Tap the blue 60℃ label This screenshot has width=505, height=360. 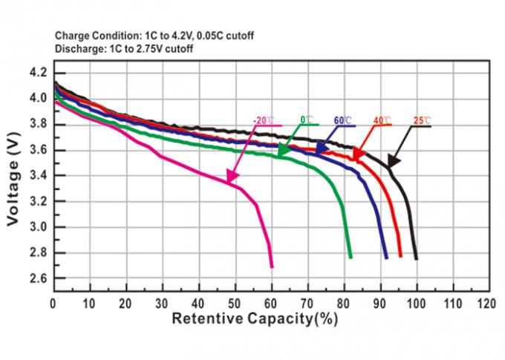tap(343, 120)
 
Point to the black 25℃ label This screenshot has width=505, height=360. tap(422, 120)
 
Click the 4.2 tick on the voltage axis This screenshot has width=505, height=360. tap(37, 73)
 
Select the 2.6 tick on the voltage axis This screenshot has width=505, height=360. tap(37, 278)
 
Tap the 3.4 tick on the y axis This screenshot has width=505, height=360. tap(37, 176)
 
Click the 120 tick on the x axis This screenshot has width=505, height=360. tap(486, 304)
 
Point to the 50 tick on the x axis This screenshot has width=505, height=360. tap(235, 304)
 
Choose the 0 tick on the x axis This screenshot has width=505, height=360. tap(53, 304)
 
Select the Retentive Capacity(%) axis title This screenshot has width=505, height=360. tap(255, 321)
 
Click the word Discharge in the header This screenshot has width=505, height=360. tap(76, 49)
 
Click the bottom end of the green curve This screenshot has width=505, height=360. tap(351, 257)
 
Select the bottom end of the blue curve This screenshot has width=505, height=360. tap(386, 257)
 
